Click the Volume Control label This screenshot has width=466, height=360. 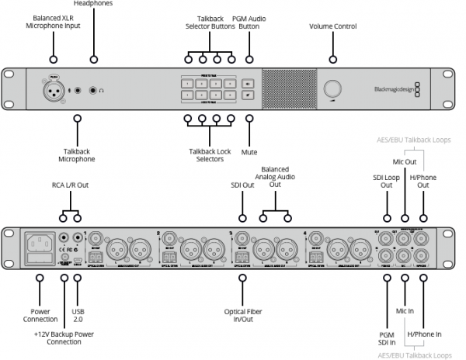point(333,26)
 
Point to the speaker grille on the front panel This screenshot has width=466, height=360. point(288,89)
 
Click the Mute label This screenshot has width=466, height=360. point(249,141)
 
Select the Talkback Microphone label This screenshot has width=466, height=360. point(76,154)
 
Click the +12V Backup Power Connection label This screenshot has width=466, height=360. point(64,337)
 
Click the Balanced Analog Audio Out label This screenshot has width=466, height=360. point(275,177)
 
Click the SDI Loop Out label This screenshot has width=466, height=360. point(386,182)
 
